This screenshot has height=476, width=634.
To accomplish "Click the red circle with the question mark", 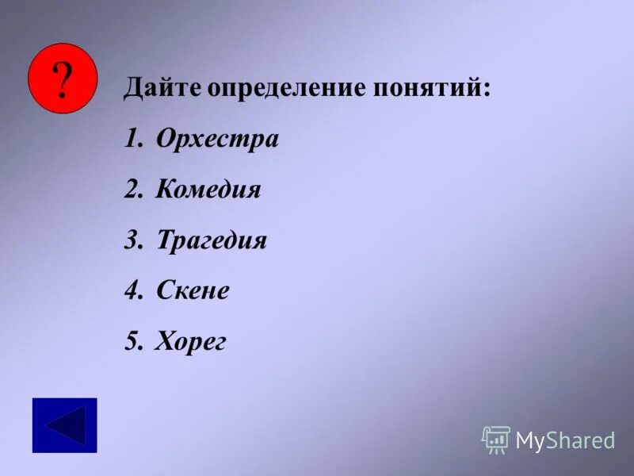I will tap(63, 79).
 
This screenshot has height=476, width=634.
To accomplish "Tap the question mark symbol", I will tap(63, 79).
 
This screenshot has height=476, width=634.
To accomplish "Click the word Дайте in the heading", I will tap(162, 88).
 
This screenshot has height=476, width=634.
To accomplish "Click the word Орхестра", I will tap(217, 140).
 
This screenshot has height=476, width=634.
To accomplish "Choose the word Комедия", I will tap(208, 190).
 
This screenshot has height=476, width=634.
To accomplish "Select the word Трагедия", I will tap(212, 240).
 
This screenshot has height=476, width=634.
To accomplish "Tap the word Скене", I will tap(193, 290).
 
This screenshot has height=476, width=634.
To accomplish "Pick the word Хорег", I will tap(191, 342).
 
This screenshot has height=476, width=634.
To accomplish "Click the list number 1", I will tap(132, 140).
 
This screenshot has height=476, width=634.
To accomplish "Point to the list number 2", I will tap(132, 190).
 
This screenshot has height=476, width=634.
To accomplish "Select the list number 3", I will tap(132, 240).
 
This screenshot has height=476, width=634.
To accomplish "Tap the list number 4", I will tap(132, 290).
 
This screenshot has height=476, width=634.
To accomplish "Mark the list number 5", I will tap(132, 342).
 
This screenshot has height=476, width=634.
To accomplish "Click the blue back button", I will tap(64, 425).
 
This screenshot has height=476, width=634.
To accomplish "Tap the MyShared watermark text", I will tap(565, 440).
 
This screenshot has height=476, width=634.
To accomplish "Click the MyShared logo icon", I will tap(496, 440).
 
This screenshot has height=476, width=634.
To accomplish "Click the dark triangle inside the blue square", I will tap(67, 425).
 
